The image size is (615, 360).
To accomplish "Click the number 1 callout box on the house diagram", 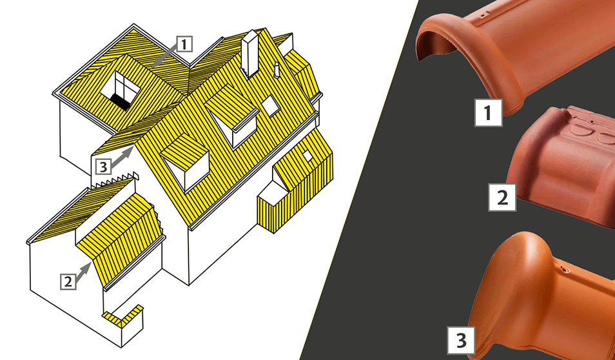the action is coord(184,44).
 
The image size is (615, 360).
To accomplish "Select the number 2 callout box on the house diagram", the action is coord(68,281).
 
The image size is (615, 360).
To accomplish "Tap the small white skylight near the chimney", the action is coord(270,106).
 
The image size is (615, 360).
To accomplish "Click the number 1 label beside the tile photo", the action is coord(488,113).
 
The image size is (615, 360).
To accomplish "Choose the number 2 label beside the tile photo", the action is coord(502,197).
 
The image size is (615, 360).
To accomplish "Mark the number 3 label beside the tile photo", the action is coord(462,340).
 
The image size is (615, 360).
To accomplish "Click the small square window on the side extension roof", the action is coord(307,156).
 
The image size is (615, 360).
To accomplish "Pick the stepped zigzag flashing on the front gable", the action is coord(115,179).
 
